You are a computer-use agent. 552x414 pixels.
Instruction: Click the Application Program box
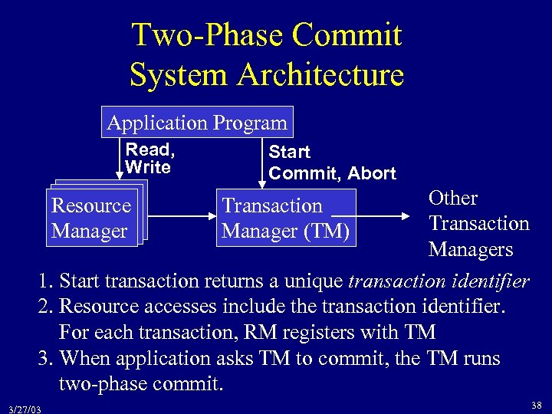[x=197, y=122]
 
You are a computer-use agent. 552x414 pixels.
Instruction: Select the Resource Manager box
[x=91, y=218]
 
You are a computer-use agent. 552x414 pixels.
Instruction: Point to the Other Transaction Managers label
[x=478, y=223]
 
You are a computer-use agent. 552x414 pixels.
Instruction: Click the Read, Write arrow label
[x=150, y=159]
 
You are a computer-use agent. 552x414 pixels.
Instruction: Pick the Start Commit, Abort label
[x=331, y=163]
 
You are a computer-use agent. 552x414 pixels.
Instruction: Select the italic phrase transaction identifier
[x=438, y=281]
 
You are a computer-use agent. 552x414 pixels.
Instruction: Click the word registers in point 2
[x=347, y=333]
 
